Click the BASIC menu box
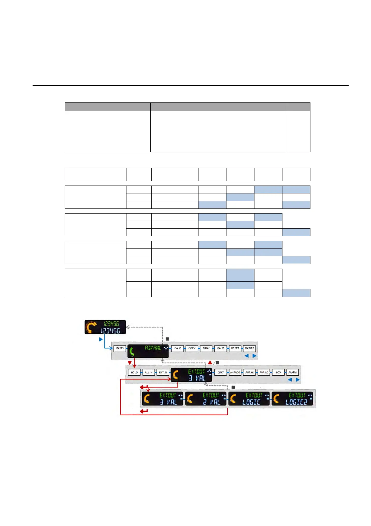pos(120,348)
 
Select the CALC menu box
pos(178,348)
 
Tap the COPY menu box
pos(192,348)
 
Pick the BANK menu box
pos(206,348)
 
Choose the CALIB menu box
pos(221,348)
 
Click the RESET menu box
pos(235,348)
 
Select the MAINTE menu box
pos(249,348)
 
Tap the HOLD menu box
pos(134,372)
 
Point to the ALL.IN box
pos(149,372)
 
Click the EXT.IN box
pos(163,372)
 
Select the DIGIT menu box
pos(221,372)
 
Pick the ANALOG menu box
pos(235,372)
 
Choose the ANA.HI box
pos(249,372)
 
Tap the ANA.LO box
pos(264,372)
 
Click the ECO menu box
pos(278,372)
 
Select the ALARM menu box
pos(293,372)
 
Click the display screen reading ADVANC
pos(148,351)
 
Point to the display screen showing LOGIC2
pos(292,399)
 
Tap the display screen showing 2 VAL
pos(206,399)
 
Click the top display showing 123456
pos(105,327)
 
